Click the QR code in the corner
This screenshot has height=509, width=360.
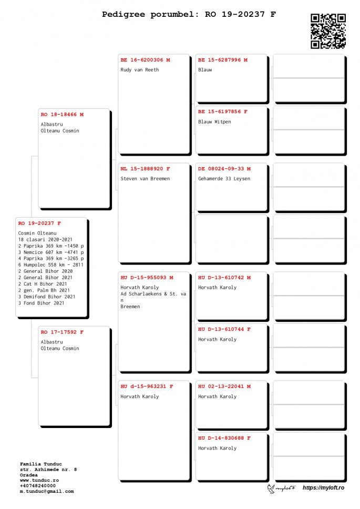pos(328,31)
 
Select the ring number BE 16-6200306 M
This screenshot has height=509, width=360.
pos(145,60)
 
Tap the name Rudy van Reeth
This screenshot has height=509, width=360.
pos(139,70)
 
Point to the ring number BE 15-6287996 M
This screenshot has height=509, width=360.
pos(223,60)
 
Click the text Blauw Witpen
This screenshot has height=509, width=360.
pos(214,122)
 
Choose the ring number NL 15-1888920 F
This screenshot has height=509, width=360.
pos(145,169)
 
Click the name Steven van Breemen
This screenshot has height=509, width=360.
pos(145,179)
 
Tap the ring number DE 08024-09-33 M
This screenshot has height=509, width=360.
pos(224,169)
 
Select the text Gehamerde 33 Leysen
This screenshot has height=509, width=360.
pos(224,179)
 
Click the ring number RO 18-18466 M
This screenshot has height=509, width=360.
pos(62,114)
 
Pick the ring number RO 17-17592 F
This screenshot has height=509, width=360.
pos(62,332)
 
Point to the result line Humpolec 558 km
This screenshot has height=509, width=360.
pos(50,265)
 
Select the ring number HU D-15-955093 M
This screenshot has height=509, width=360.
pos(147,277)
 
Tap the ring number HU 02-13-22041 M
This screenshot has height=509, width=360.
pos(224,386)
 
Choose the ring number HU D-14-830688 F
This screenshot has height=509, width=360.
pos(224,438)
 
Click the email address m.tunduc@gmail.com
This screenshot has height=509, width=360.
pos(47,491)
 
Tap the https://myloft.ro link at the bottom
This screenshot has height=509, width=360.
pos(323,488)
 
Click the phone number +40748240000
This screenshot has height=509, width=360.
pos(38,485)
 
